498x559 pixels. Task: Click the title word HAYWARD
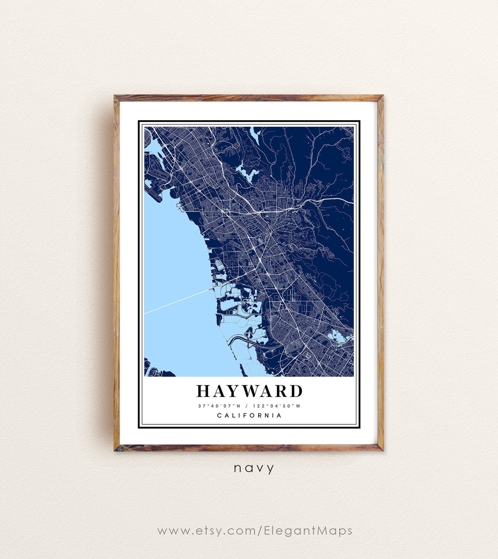(x=249, y=391)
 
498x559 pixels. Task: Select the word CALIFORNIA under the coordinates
(x=249, y=416)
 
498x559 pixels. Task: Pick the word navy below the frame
(x=254, y=469)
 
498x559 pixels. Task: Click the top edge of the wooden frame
(x=249, y=98)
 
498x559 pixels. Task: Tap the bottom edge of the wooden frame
(x=249, y=448)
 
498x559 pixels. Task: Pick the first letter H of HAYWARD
(x=204, y=391)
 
